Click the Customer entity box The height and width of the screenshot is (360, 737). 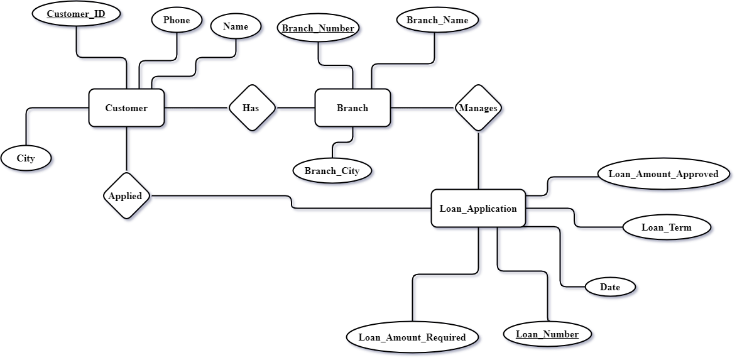[x=126, y=108]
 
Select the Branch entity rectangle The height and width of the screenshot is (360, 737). [x=352, y=108]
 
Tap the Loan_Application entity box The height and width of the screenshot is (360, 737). [x=478, y=209]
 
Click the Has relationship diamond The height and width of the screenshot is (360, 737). [x=251, y=108]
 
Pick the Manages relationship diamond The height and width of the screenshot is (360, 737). [x=479, y=108]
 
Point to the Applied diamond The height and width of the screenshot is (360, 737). [x=126, y=196]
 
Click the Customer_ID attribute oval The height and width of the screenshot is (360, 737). [x=76, y=13]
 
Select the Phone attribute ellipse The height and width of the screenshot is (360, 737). [x=177, y=20]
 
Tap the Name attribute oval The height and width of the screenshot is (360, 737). [x=236, y=26]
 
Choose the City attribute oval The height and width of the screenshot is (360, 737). [x=26, y=158]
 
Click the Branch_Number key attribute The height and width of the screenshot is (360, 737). [x=318, y=28]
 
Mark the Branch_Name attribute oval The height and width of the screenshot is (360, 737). [x=437, y=20]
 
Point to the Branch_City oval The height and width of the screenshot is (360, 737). [x=332, y=171]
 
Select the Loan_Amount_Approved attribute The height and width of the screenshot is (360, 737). [x=663, y=174]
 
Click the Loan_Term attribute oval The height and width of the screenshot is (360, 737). [x=666, y=227]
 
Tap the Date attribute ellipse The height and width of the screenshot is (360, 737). [x=610, y=287]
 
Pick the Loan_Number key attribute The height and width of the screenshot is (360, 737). [x=547, y=334]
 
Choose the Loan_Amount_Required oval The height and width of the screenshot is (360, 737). [x=412, y=337]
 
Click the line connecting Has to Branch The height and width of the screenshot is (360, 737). [x=295, y=111]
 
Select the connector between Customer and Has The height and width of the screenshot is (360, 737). [x=197, y=111]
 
